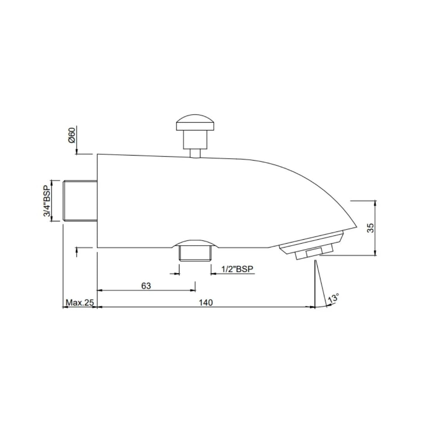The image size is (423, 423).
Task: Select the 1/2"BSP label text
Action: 237,269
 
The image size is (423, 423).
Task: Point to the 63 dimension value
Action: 146,286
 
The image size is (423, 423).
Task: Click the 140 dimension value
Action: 206,302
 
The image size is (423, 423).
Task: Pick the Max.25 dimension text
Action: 80,302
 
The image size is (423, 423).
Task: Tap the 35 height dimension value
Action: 371,228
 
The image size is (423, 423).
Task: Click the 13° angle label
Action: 333,298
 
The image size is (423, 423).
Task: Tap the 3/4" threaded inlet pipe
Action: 80,201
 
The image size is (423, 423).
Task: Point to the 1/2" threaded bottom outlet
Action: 195,253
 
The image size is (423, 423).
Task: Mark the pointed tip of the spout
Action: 356,226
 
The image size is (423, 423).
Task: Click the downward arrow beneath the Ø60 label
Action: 77,151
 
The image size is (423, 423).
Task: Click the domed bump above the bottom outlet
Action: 195,242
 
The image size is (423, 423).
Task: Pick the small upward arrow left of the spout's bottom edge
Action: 77,250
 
